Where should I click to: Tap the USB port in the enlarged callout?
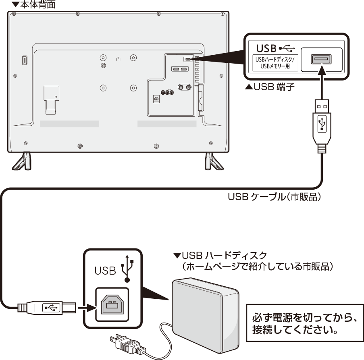pos(321,60)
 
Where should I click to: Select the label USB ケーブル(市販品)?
pos(275,197)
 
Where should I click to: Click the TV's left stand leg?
pos(22,161)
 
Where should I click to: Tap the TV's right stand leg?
pos(211,161)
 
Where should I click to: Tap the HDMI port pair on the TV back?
pos(180,69)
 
